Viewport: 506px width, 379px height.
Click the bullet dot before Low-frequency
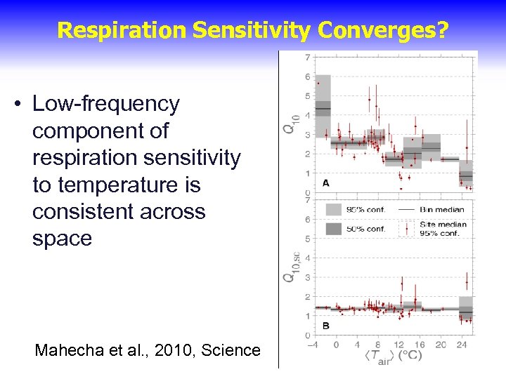[16, 105]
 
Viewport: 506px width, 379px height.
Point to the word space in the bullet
[62, 239]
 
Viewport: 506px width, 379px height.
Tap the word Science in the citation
[231, 350]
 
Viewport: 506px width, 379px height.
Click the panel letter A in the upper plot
[326, 182]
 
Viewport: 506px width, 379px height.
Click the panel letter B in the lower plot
[326, 326]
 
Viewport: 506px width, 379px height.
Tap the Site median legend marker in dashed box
[406, 228]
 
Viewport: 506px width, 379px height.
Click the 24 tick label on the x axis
[461, 345]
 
